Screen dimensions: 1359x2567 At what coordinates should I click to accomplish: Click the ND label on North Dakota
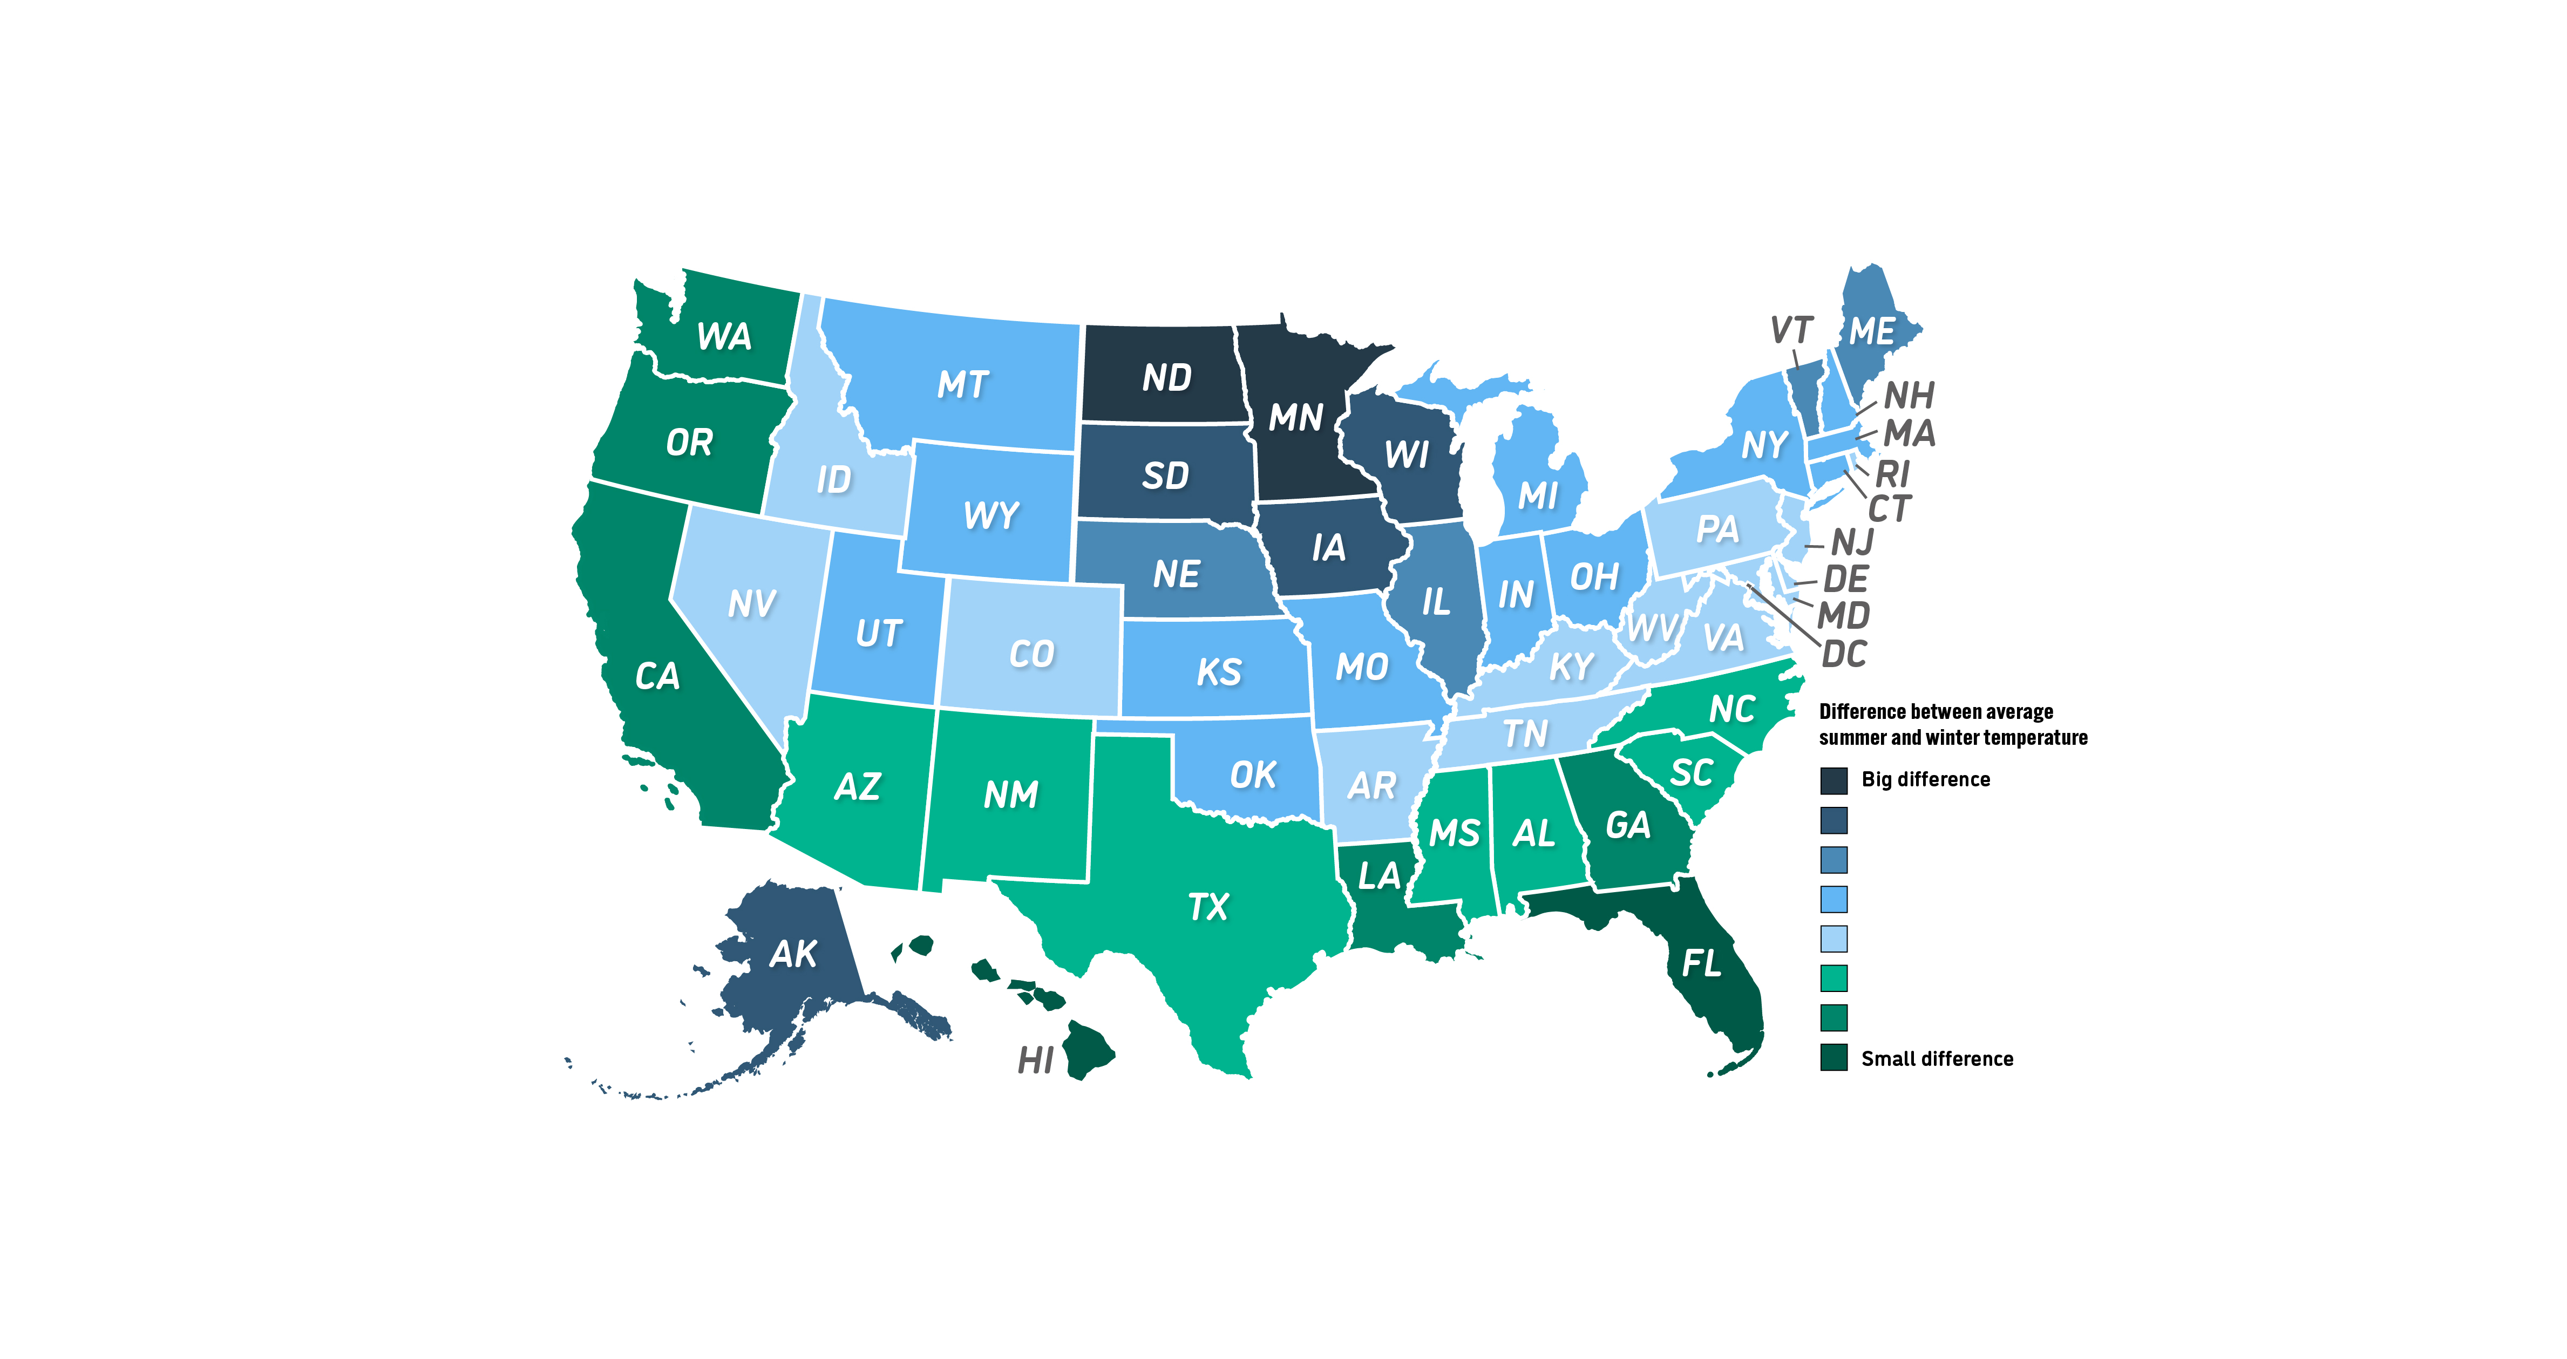pyautogui.click(x=1166, y=378)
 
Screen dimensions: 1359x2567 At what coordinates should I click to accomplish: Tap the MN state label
pyautogui.click(x=1295, y=417)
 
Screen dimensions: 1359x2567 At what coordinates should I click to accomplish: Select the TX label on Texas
pyautogui.click(x=1208, y=907)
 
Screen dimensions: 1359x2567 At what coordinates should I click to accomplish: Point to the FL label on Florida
pyautogui.click(x=1701, y=963)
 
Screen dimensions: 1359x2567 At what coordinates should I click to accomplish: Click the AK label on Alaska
pyautogui.click(x=793, y=955)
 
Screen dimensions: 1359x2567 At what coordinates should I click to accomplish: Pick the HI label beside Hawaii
pyautogui.click(x=1035, y=1060)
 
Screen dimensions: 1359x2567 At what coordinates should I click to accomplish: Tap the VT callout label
pyautogui.click(x=1791, y=330)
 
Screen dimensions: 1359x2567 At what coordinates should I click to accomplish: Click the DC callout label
pyautogui.click(x=1844, y=655)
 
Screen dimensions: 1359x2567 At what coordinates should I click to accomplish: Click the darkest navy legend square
pyautogui.click(x=1833, y=780)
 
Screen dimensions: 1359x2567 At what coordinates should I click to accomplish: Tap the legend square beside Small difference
pyautogui.click(x=1833, y=1058)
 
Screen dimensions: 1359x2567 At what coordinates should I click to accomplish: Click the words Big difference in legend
pyautogui.click(x=1925, y=779)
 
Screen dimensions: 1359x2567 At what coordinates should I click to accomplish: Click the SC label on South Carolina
pyautogui.click(x=1691, y=773)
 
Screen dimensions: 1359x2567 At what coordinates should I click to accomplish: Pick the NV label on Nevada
pyautogui.click(x=751, y=604)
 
